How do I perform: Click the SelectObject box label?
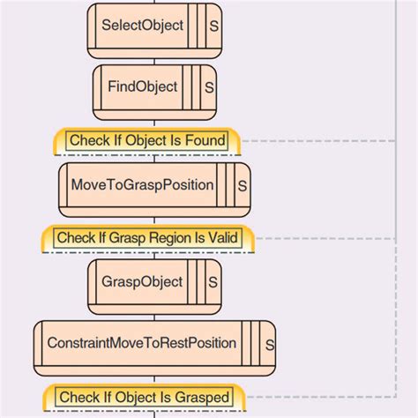tap(143, 26)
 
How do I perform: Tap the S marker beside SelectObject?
tap(214, 26)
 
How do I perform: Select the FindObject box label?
tap(143, 87)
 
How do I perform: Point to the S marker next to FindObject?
tap(209, 88)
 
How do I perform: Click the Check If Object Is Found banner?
tap(147, 140)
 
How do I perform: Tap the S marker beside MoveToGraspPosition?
tap(243, 186)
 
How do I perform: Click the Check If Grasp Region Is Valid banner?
tap(147, 238)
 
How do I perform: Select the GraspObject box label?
tap(142, 282)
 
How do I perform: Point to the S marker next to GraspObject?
tap(213, 283)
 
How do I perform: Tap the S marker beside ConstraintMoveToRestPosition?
tap(270, 345)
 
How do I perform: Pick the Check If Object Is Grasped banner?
tap(144, 397)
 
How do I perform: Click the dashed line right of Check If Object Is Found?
tap(317, 140)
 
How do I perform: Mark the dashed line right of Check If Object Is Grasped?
tap(317, 397)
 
